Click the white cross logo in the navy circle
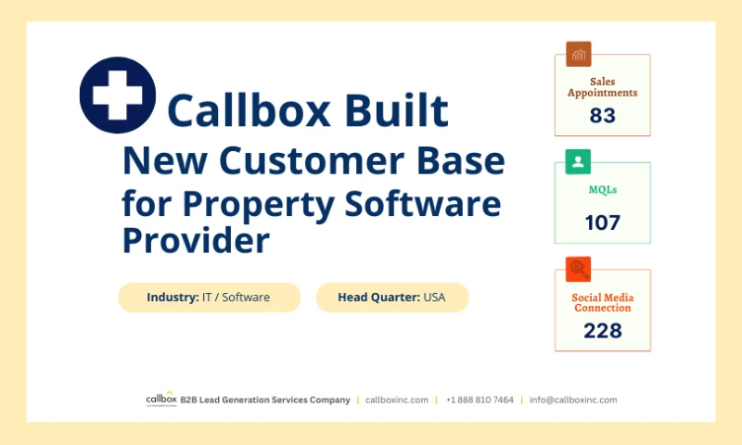pyautogui.click(x=117, y=95)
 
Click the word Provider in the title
pyautogui.click(x=196, y=240)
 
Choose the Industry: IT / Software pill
pyautogui.click(x=209, y=298)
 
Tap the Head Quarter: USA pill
pyautogui.click(x=392, y=298)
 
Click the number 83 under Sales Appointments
pyautogui.click(x=602, y=116)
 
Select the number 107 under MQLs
pyautogui.click(x=602, y=222)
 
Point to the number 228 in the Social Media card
pyautogui.click(x=602, y=330)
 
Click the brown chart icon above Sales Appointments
pyautogui.click(x=579, y=54)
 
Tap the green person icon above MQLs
pyautogui.click(x=579, y=162)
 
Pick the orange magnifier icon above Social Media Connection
pyautogui.click(x=579, y=270)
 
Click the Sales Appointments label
pyautogui.click(x=602, y=87)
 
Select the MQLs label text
pyautogui.click(x=602, y=190)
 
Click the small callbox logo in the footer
pyautogui.click(x=160, y=400)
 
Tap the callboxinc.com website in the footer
pyautogui.click(x=397, y=400)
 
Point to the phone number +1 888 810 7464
pyautogui.click(x=480, y=400)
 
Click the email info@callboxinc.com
pyautogui.click(x=573, y=400)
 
